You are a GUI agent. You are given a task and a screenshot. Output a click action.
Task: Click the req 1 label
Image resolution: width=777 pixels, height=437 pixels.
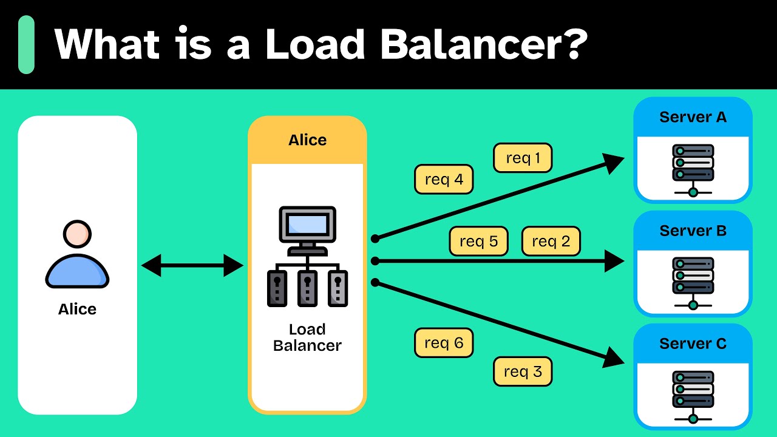[x=523, y=158]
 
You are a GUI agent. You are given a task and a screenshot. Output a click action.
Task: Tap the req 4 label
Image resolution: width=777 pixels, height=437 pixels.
[x=444, y=180]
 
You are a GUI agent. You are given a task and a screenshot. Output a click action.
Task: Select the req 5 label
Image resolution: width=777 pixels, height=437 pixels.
[x=478, y=241]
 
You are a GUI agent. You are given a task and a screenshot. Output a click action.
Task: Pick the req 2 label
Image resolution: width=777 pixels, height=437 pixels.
[x=551, y=241]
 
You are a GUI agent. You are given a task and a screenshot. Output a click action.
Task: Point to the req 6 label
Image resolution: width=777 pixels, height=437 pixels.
[x=444, y=343]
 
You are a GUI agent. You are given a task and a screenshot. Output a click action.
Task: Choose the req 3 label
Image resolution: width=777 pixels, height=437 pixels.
[x=523, y=371]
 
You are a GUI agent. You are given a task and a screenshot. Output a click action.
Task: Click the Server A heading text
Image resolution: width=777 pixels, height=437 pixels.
[x=693, y=117]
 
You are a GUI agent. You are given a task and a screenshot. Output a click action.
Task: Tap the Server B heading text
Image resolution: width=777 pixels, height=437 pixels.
[x=693, y=231]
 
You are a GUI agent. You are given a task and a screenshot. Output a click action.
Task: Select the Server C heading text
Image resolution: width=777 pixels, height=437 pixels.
[x=693, y=344]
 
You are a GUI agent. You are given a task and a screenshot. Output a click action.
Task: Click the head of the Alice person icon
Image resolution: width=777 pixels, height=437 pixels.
[x=77, y=234]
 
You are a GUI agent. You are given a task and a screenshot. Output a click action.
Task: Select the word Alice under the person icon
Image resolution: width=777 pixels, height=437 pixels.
[x=77, y=309]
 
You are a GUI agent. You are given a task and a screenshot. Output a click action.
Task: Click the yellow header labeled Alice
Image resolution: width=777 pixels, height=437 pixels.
[x=307, y=140]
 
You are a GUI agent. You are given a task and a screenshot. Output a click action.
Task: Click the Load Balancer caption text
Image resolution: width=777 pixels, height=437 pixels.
[x=307, y=337]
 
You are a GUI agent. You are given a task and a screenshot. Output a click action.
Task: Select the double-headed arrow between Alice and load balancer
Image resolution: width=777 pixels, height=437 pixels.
[x=192, y=265]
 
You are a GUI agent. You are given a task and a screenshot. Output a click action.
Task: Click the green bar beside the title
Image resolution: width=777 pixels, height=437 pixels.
[x=26, y=44]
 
